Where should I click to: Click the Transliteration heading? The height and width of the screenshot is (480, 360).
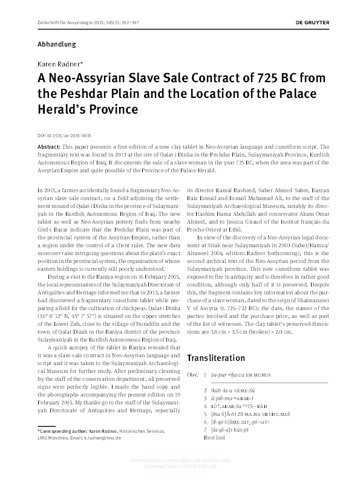(x=216, y=358)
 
